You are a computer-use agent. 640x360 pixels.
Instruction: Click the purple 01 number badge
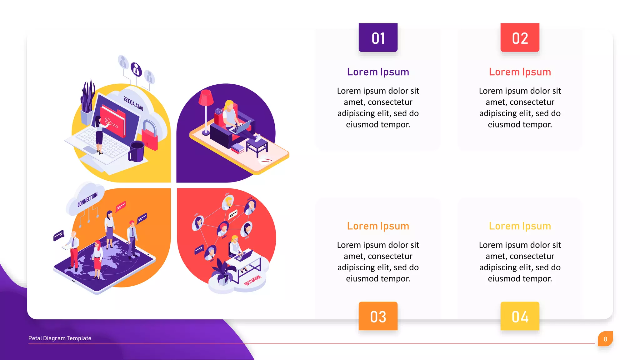[378, 37]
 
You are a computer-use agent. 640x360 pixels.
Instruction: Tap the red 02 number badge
[520, 37]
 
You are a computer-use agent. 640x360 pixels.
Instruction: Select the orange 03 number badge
[378, 316]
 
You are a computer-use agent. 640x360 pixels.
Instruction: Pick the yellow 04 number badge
[520, 316]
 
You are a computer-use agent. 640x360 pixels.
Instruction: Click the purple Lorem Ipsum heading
[378, 72]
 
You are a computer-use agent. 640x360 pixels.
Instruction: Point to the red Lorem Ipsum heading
[520, 72]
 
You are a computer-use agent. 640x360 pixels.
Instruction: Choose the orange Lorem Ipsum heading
[378, 226]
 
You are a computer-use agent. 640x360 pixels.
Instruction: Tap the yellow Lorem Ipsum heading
[520, 226]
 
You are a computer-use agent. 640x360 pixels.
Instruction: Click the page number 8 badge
[605, 339]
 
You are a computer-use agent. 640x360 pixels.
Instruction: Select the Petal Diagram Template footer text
[60, 338]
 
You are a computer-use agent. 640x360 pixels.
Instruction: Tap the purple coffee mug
[137, 151]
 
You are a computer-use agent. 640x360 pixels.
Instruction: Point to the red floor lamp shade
[206, 97]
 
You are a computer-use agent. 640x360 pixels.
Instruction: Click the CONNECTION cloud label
[87, 199]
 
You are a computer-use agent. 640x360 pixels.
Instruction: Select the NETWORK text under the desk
[252, 280]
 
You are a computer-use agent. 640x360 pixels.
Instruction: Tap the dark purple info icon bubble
[136, 69]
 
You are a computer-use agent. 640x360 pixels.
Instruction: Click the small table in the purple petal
[257, 146]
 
